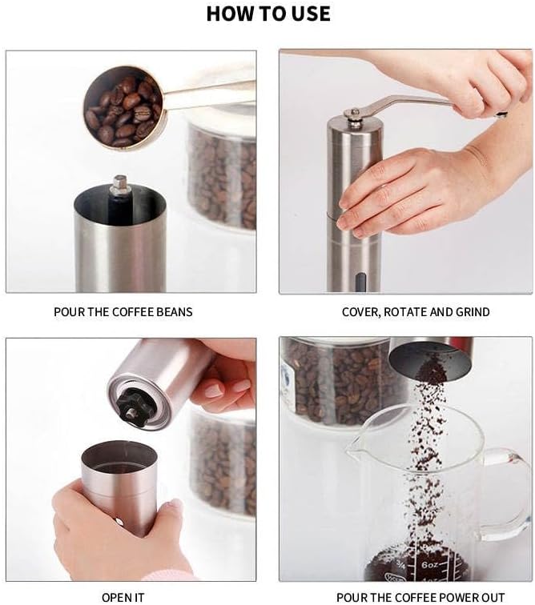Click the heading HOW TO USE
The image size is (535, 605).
tap(268, 14)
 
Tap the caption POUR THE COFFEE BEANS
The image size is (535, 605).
tap(123, 312)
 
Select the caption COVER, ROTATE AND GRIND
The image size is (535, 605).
tap(416, 312)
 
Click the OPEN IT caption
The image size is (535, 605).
tap(123, 598)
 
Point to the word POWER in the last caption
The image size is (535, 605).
tap(448, 598)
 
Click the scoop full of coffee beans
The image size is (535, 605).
tap(123, 106)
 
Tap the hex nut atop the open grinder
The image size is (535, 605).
tap(120, 184)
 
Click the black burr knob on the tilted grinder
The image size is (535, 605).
tap(133, 407)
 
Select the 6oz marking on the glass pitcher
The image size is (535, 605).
tap(429, 565)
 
